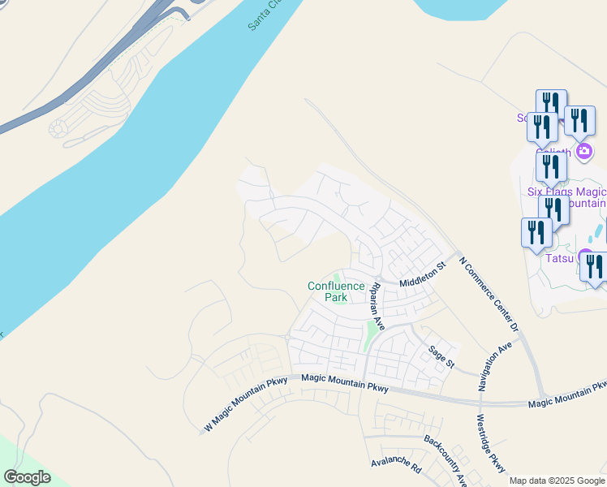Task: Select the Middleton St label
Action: coord(423,274)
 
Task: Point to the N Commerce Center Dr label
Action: coord(488,294)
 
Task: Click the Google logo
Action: coord(27,477)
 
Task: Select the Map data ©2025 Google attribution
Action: coord(557,481)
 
